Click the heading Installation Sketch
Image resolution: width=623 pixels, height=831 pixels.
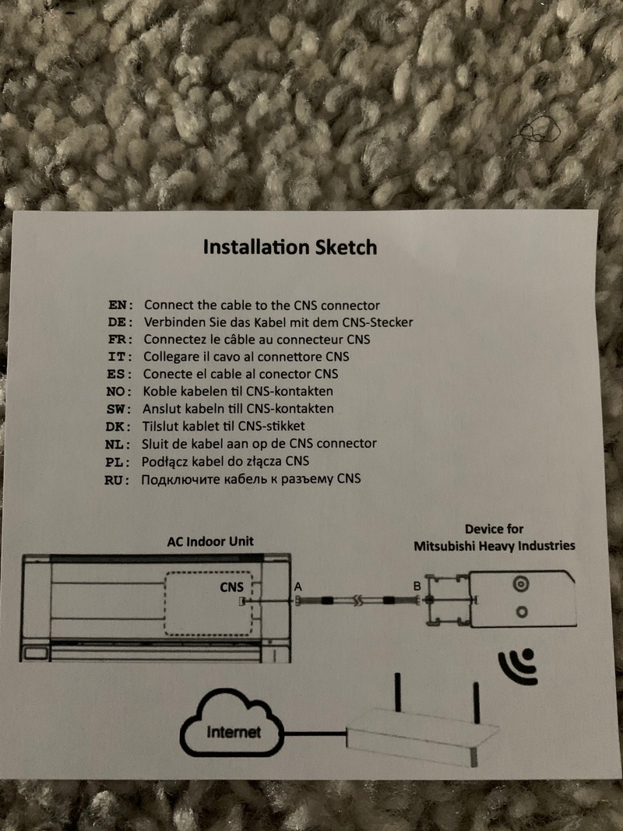point(290,248)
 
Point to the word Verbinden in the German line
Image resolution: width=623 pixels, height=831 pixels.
point(171,322)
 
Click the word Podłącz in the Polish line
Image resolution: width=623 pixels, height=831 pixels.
point(164,462)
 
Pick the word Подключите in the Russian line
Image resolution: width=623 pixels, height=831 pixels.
point(180,480)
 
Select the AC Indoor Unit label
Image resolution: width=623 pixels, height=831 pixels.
point(210,541)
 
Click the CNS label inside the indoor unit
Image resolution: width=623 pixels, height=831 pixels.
point(231,587)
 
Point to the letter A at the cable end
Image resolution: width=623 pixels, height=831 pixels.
point(297,586)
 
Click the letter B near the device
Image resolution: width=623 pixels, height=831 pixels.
point(417,586)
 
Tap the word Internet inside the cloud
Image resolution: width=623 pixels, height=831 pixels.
point(234,732)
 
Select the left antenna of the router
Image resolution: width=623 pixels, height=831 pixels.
point(398,692)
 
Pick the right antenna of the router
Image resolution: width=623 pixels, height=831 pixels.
point(477,702)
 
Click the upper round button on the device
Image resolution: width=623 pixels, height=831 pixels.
point(521,584)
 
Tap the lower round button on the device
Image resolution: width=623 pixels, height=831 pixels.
point(522,612)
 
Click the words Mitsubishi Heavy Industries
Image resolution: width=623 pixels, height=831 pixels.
point(495,546)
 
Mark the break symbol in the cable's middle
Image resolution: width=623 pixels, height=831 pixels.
point(358,600)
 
